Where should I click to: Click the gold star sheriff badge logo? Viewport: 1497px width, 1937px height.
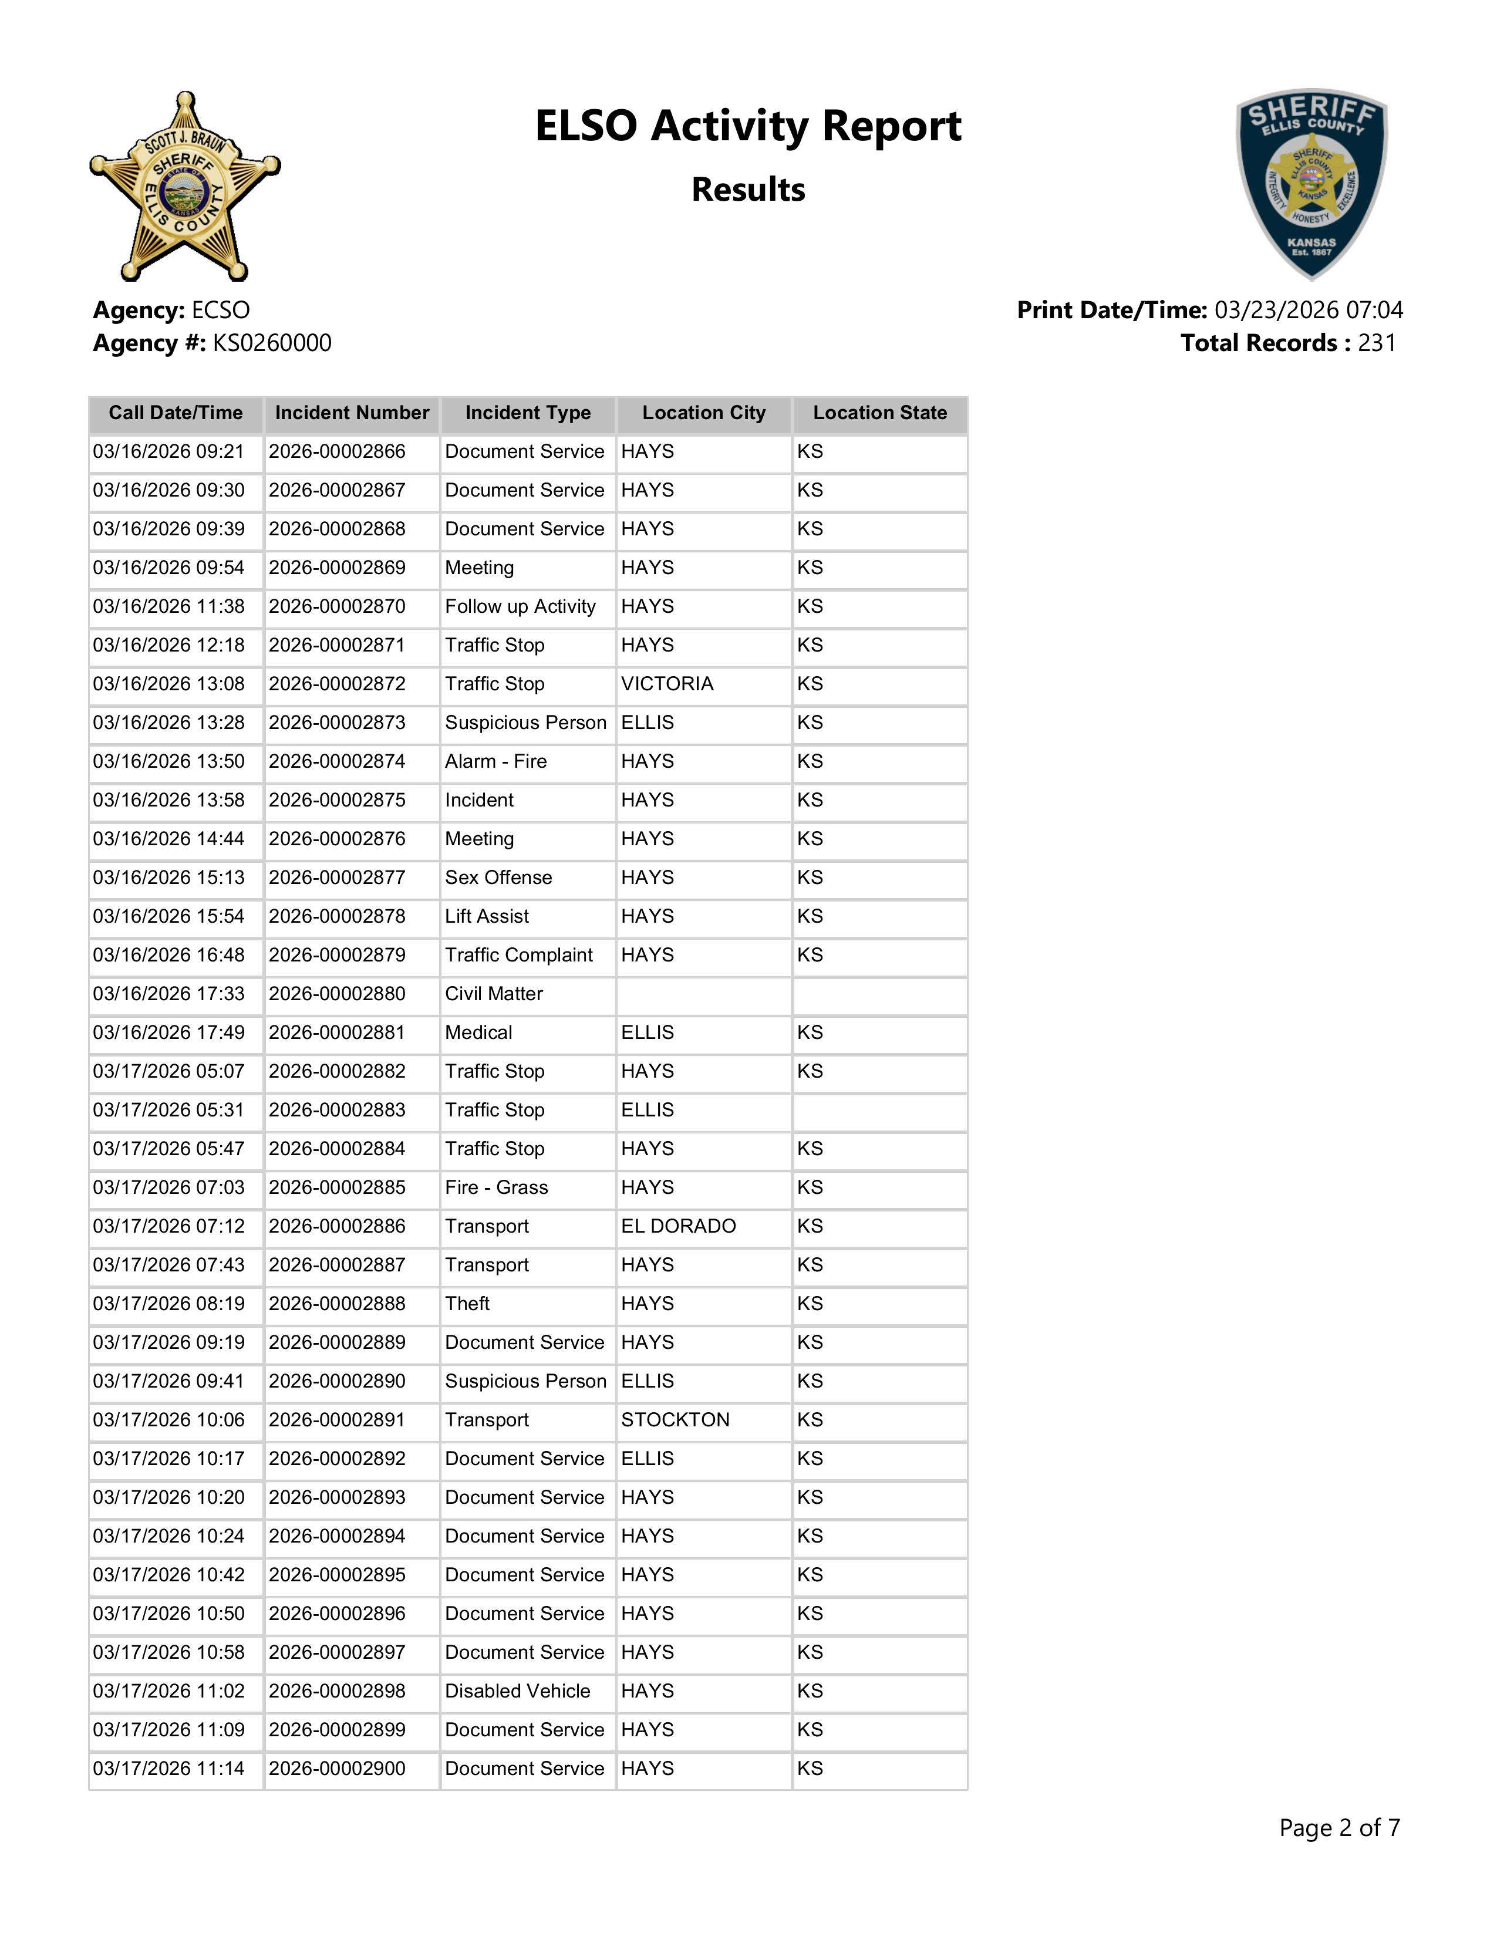[184, 186]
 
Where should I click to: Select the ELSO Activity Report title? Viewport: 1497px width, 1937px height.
[747, 126]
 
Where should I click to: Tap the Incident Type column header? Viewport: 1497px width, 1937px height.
[528, 413]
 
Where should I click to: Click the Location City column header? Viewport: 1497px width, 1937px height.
[703, 413]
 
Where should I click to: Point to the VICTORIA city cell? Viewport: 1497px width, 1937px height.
[667, 684]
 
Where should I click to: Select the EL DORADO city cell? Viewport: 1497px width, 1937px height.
[679, 1227]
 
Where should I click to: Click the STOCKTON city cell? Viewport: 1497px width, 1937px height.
[675, 1420]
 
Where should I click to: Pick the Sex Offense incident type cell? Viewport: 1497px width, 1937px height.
[498, 878]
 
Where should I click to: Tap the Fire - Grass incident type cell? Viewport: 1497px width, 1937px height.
[497, 1187]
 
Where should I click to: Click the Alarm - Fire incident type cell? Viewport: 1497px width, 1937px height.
[495, 762]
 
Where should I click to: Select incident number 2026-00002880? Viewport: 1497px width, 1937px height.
[337, 994]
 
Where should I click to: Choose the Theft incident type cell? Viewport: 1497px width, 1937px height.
[467, 1304]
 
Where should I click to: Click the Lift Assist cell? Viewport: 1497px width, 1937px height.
[487, 917]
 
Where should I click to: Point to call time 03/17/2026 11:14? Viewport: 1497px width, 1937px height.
[168, 1769]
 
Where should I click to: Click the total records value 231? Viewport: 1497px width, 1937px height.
[1377, 343]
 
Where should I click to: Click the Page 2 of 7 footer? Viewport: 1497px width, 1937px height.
[1339, 1828]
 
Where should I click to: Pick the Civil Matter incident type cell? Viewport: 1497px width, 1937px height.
[494, 994]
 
